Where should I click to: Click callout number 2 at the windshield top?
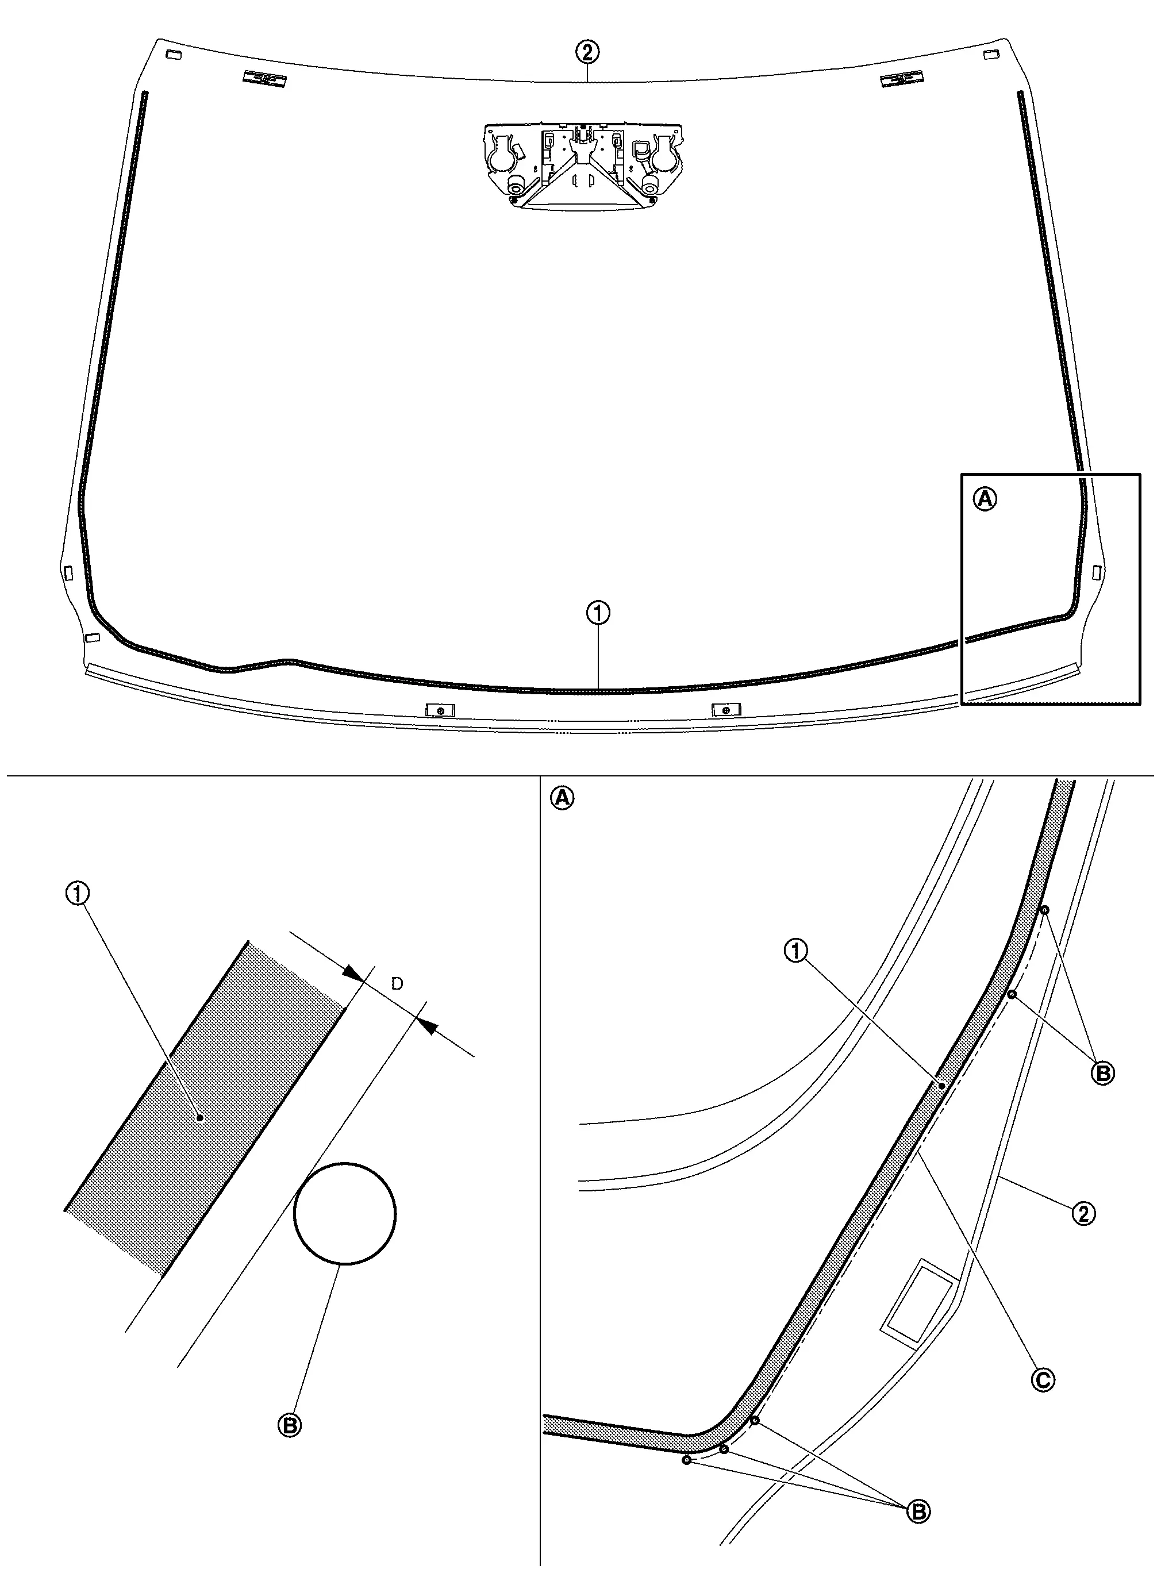coord(587,51)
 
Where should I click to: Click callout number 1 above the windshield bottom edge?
coord(598,613)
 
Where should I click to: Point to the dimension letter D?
coord(397,983)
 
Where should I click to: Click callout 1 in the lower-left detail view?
coord(78,893)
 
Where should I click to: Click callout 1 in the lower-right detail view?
coord(795,951)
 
